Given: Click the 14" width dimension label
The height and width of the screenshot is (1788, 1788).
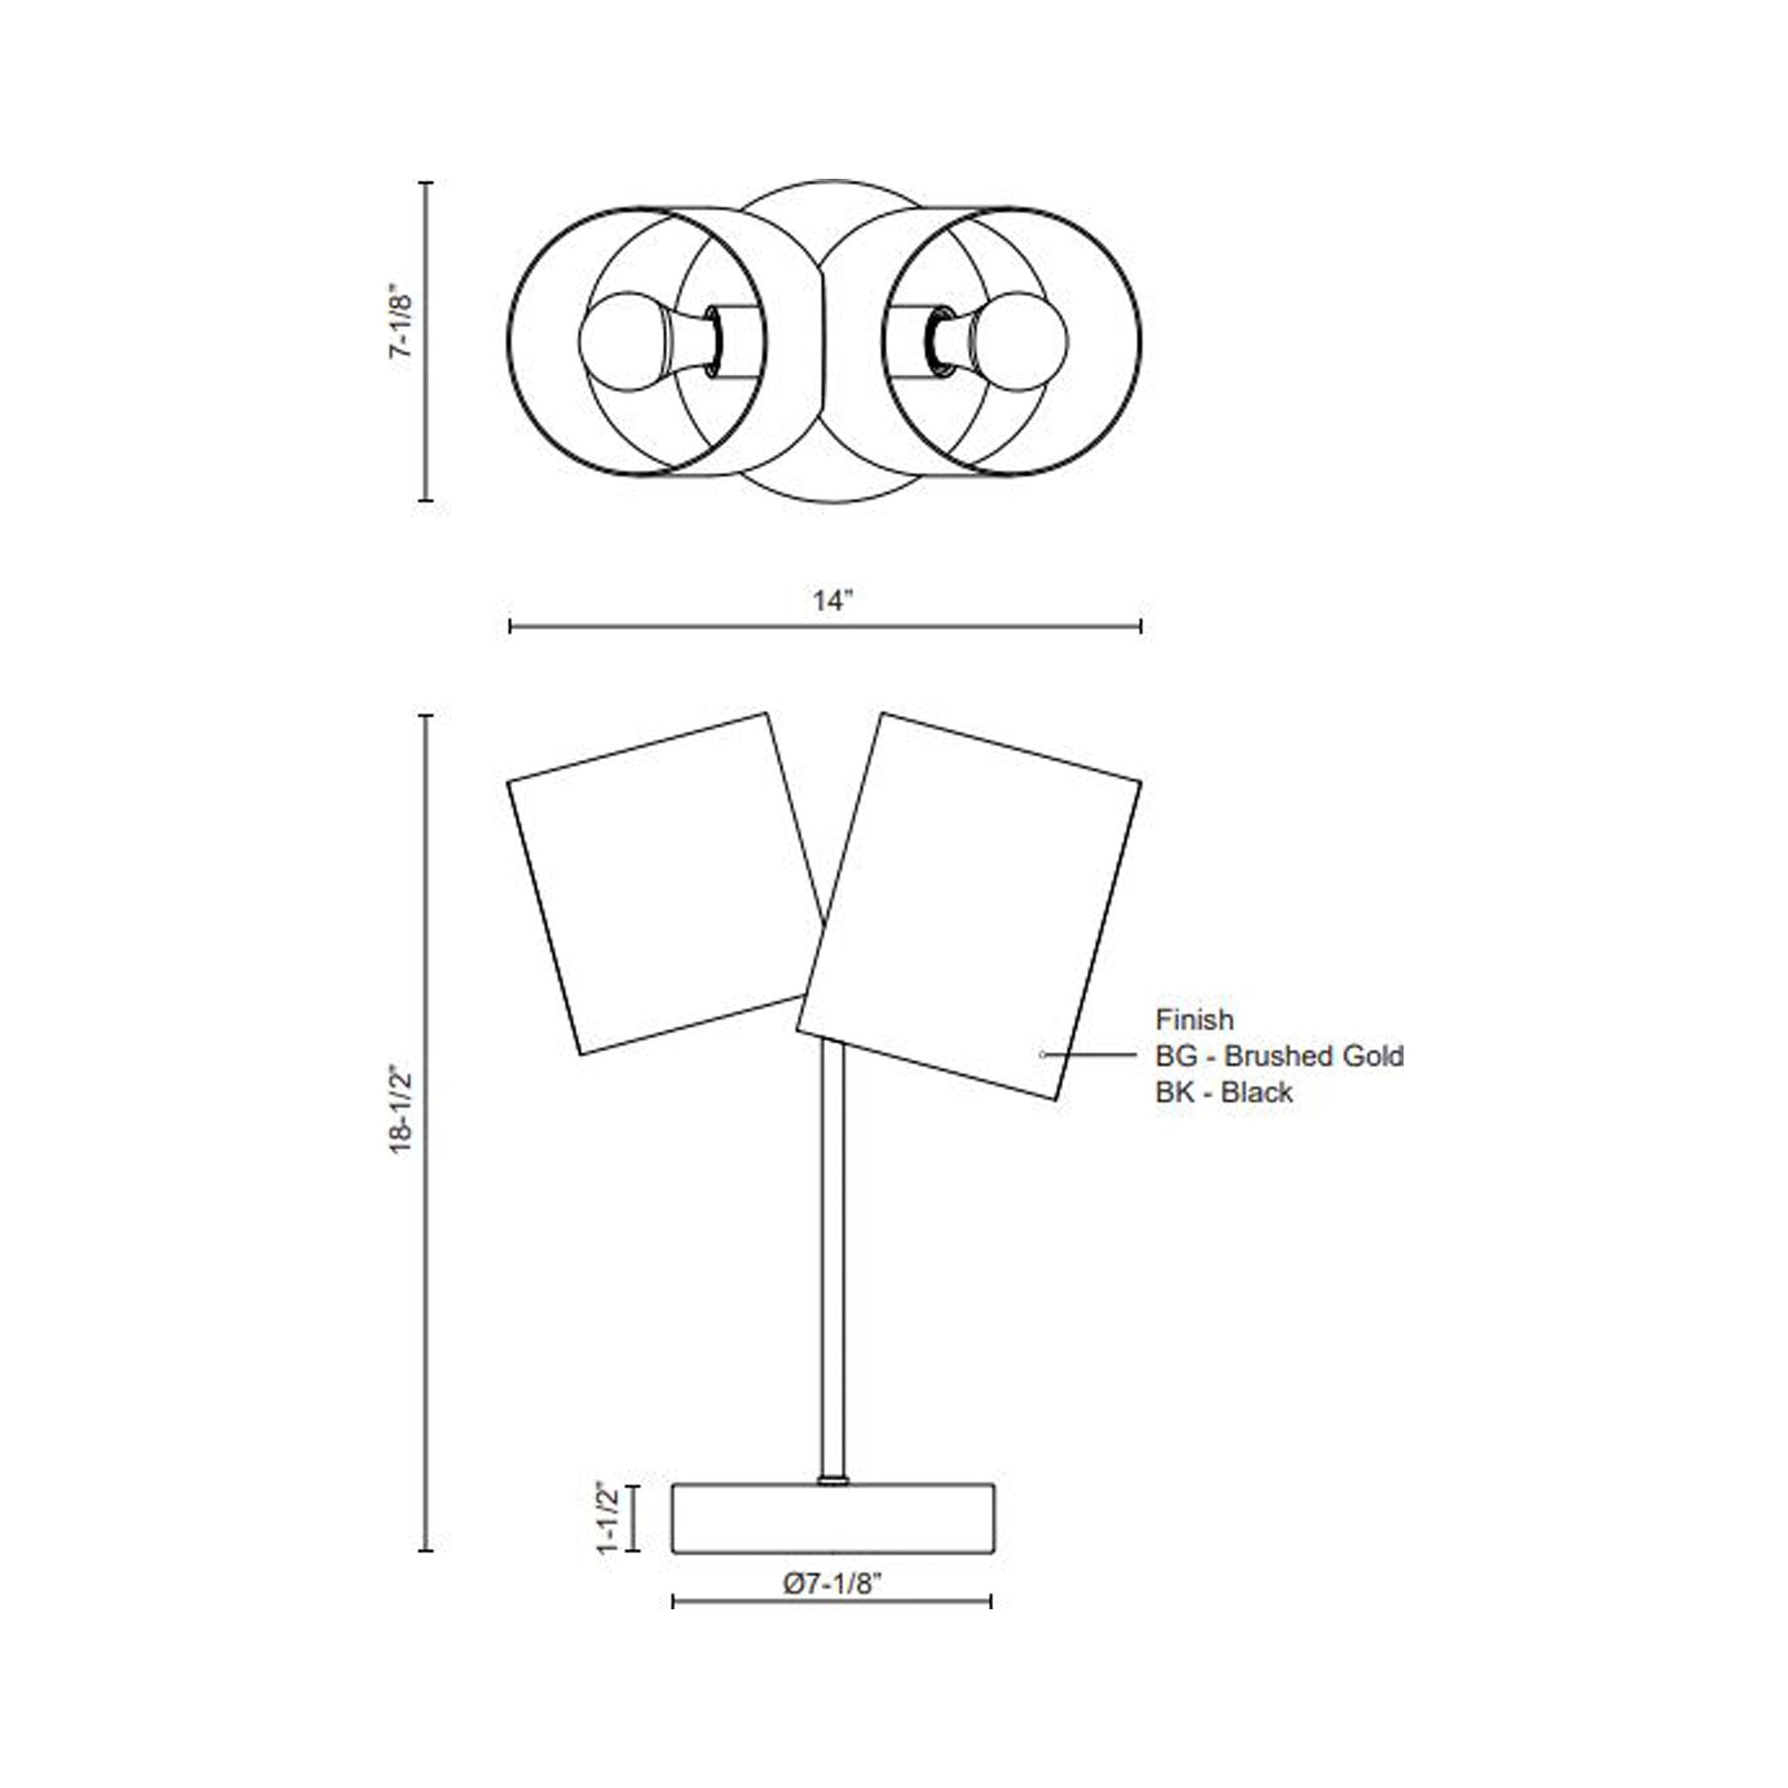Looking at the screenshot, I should [832, 601].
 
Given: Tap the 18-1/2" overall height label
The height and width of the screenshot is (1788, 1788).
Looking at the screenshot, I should [400, 1111].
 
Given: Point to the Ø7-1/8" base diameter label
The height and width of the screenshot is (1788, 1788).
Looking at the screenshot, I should [832, 1583].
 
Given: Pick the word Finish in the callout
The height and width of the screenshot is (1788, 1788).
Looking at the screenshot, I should [1194, 1020].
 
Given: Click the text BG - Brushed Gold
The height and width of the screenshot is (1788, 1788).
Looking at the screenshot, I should [1279, 1056].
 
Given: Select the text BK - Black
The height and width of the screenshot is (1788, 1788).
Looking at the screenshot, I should [1224, 1092].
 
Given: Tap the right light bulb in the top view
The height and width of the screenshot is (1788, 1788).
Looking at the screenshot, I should [1023, 342].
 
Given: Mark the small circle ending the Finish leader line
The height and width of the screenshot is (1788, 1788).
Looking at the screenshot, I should [1043, 1054].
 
